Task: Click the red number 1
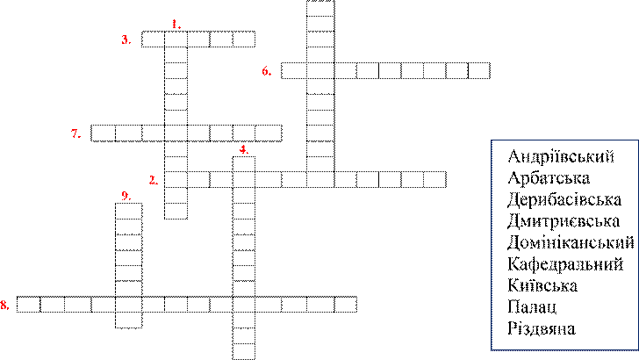174,24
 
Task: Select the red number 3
125,40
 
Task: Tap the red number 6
265,71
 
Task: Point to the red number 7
75,133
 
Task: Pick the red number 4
242,149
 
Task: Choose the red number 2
152,180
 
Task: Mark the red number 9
125,196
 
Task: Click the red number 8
4,305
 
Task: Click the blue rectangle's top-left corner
492,140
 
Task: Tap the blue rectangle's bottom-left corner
492,349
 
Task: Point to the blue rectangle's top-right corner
638,140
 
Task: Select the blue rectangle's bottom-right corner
638,349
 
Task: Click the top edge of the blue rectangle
564,140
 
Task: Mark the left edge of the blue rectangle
492,245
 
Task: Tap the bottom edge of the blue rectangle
564,349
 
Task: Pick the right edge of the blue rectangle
638,245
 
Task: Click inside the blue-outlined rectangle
564,245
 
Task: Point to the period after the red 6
270,75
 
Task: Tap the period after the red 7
80,137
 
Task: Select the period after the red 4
248,153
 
